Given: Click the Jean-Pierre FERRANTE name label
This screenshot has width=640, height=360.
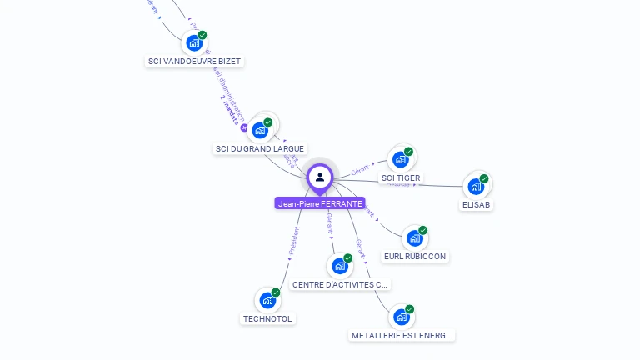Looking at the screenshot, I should click(320, 203).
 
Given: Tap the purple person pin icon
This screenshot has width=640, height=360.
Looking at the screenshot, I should click(320, 177).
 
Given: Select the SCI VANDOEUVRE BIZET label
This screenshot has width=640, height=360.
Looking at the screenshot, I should click(194, 62).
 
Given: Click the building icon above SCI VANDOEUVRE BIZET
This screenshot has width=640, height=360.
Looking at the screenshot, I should click(194, 42).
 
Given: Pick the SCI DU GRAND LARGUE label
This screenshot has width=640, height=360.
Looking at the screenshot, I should click(259, 149).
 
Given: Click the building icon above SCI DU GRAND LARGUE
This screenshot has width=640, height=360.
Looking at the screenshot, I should click(260, 130).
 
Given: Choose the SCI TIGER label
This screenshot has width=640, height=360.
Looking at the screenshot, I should click(401, 178).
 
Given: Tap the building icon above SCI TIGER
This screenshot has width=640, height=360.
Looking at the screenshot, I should click(401, 159).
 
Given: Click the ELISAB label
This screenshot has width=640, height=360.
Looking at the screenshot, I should click(476, 204).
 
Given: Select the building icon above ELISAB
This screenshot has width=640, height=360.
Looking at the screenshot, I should click(476, 186).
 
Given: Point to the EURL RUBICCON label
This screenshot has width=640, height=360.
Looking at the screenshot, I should click(415, 257).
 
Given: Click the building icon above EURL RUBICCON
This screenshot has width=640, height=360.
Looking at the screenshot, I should click(415, 238).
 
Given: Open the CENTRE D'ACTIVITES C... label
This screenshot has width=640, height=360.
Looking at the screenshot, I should click(340, 285).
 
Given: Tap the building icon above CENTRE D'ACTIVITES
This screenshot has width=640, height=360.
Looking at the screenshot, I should click(339, 266).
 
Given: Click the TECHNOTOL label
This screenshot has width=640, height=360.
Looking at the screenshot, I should click(268, 318).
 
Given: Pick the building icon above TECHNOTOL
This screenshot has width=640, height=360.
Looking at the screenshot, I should click(267, 300).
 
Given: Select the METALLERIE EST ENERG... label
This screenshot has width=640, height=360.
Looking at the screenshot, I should click(402, 336).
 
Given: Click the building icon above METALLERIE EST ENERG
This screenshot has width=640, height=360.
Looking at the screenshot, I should click(402, 317).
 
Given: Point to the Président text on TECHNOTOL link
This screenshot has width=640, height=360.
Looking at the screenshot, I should click(293, 242).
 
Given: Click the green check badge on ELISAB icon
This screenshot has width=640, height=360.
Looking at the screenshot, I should click(484, 178).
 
